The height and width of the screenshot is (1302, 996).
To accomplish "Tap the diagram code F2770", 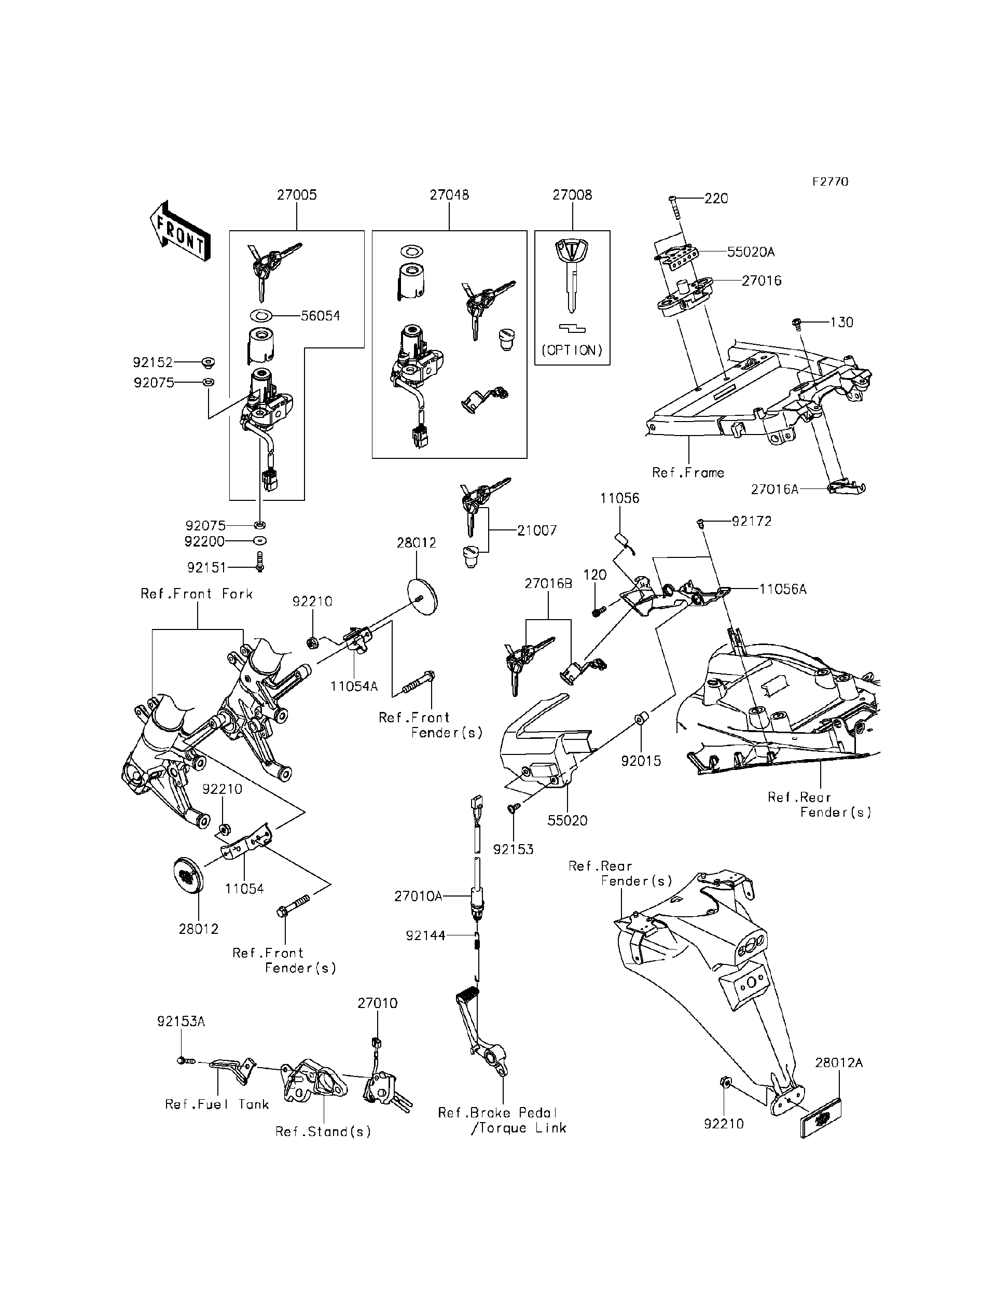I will click(x=830, y=182).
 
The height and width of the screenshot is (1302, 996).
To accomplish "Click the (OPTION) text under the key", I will click(x=572, y=350).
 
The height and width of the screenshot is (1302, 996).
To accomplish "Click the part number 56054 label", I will click(x=320, y=316).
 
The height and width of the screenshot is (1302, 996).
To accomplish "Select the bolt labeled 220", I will click(x=675, y=207).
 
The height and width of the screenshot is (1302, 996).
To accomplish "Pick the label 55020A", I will click(x=751, y=252).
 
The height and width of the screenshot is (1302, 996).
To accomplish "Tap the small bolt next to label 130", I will click(x=797, y=324).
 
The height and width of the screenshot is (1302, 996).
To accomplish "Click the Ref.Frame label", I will click(x=688, y=472).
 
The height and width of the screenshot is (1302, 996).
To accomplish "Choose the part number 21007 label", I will click(x=536, y=530).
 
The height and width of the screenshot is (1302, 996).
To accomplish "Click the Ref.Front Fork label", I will click(x=197, y=594).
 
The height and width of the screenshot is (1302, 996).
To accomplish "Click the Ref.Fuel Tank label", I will click(x=217, y=1104).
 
